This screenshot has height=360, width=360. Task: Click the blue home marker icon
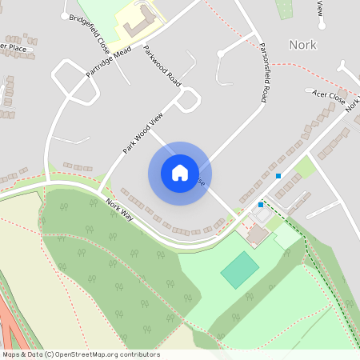pos(180,173)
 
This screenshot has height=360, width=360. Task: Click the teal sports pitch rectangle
pos(240,270)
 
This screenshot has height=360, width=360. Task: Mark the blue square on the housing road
pos(278,175)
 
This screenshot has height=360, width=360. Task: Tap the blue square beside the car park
pos(260,204)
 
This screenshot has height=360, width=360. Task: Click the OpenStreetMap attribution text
pos(80,354)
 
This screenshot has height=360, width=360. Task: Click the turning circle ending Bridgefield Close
pos(65,15)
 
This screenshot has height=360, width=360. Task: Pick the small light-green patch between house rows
pos(304,168)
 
